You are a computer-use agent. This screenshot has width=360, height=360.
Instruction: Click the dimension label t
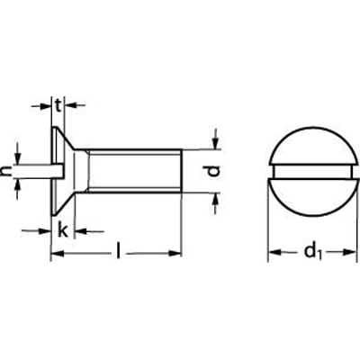(59, 105)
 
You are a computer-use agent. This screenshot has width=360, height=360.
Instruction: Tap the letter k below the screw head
(62, 230)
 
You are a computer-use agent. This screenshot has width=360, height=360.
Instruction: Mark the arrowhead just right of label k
(78, 231)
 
